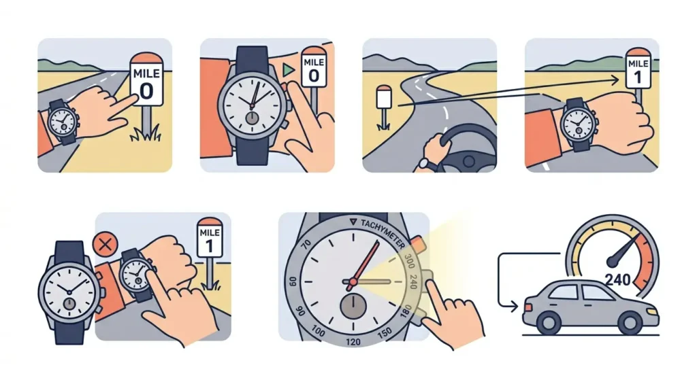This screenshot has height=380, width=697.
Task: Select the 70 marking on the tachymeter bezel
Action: pos(306,243)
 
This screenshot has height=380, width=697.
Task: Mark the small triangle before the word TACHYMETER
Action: pos(352,222)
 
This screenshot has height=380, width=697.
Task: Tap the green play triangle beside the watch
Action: pos(289,69)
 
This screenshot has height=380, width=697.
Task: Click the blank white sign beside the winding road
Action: pos(384,100)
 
